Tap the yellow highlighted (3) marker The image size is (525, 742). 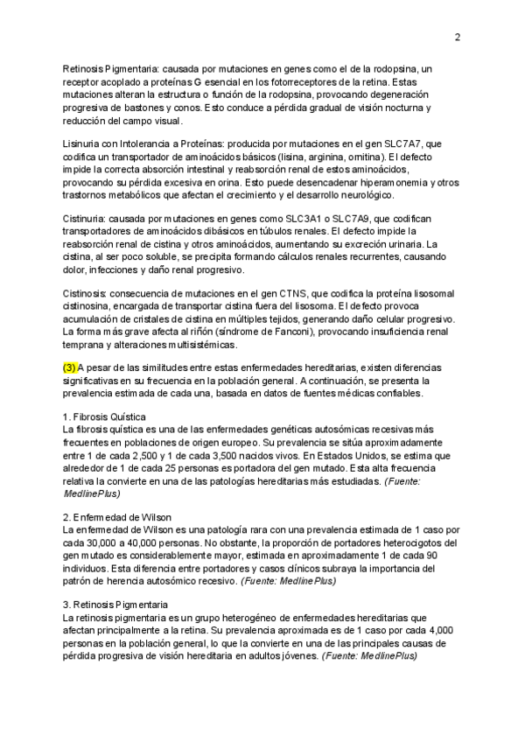coord(70,367)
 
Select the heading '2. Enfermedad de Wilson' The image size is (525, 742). coord(117,516)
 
